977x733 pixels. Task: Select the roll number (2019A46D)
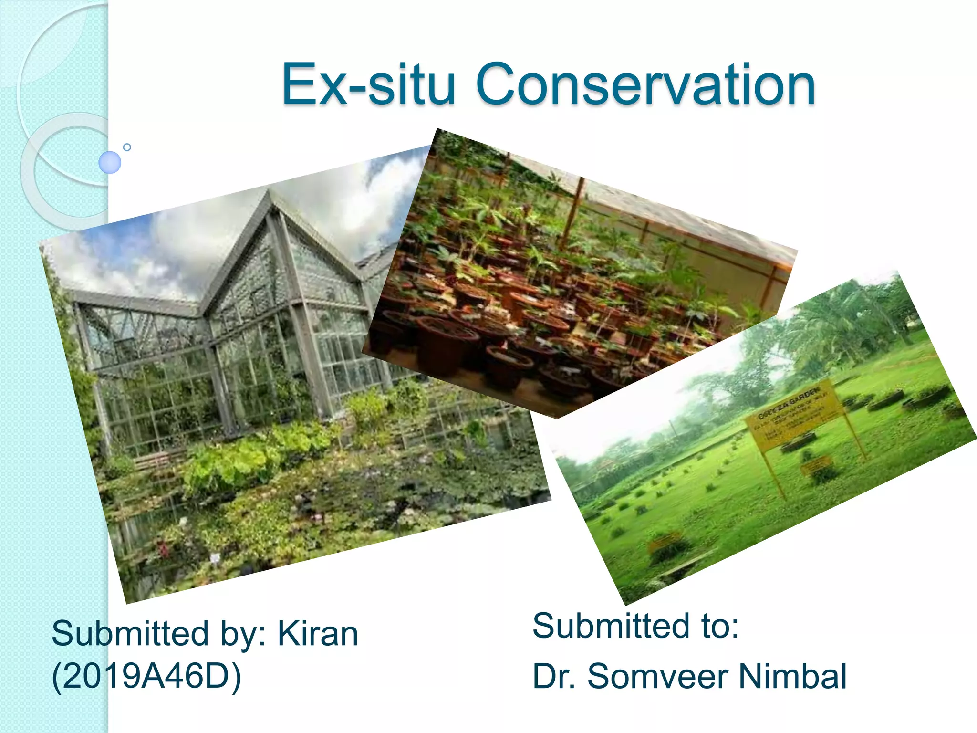[146, 676]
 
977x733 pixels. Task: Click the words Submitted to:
[635, 626]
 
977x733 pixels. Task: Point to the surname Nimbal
[792, 676]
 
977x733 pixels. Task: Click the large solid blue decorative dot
[110, 162]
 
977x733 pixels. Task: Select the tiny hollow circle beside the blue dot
[127, 147]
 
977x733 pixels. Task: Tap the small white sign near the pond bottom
[216, 557]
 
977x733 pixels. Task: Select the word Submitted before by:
[130, 634]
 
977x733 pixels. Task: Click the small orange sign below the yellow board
[817, 464]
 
